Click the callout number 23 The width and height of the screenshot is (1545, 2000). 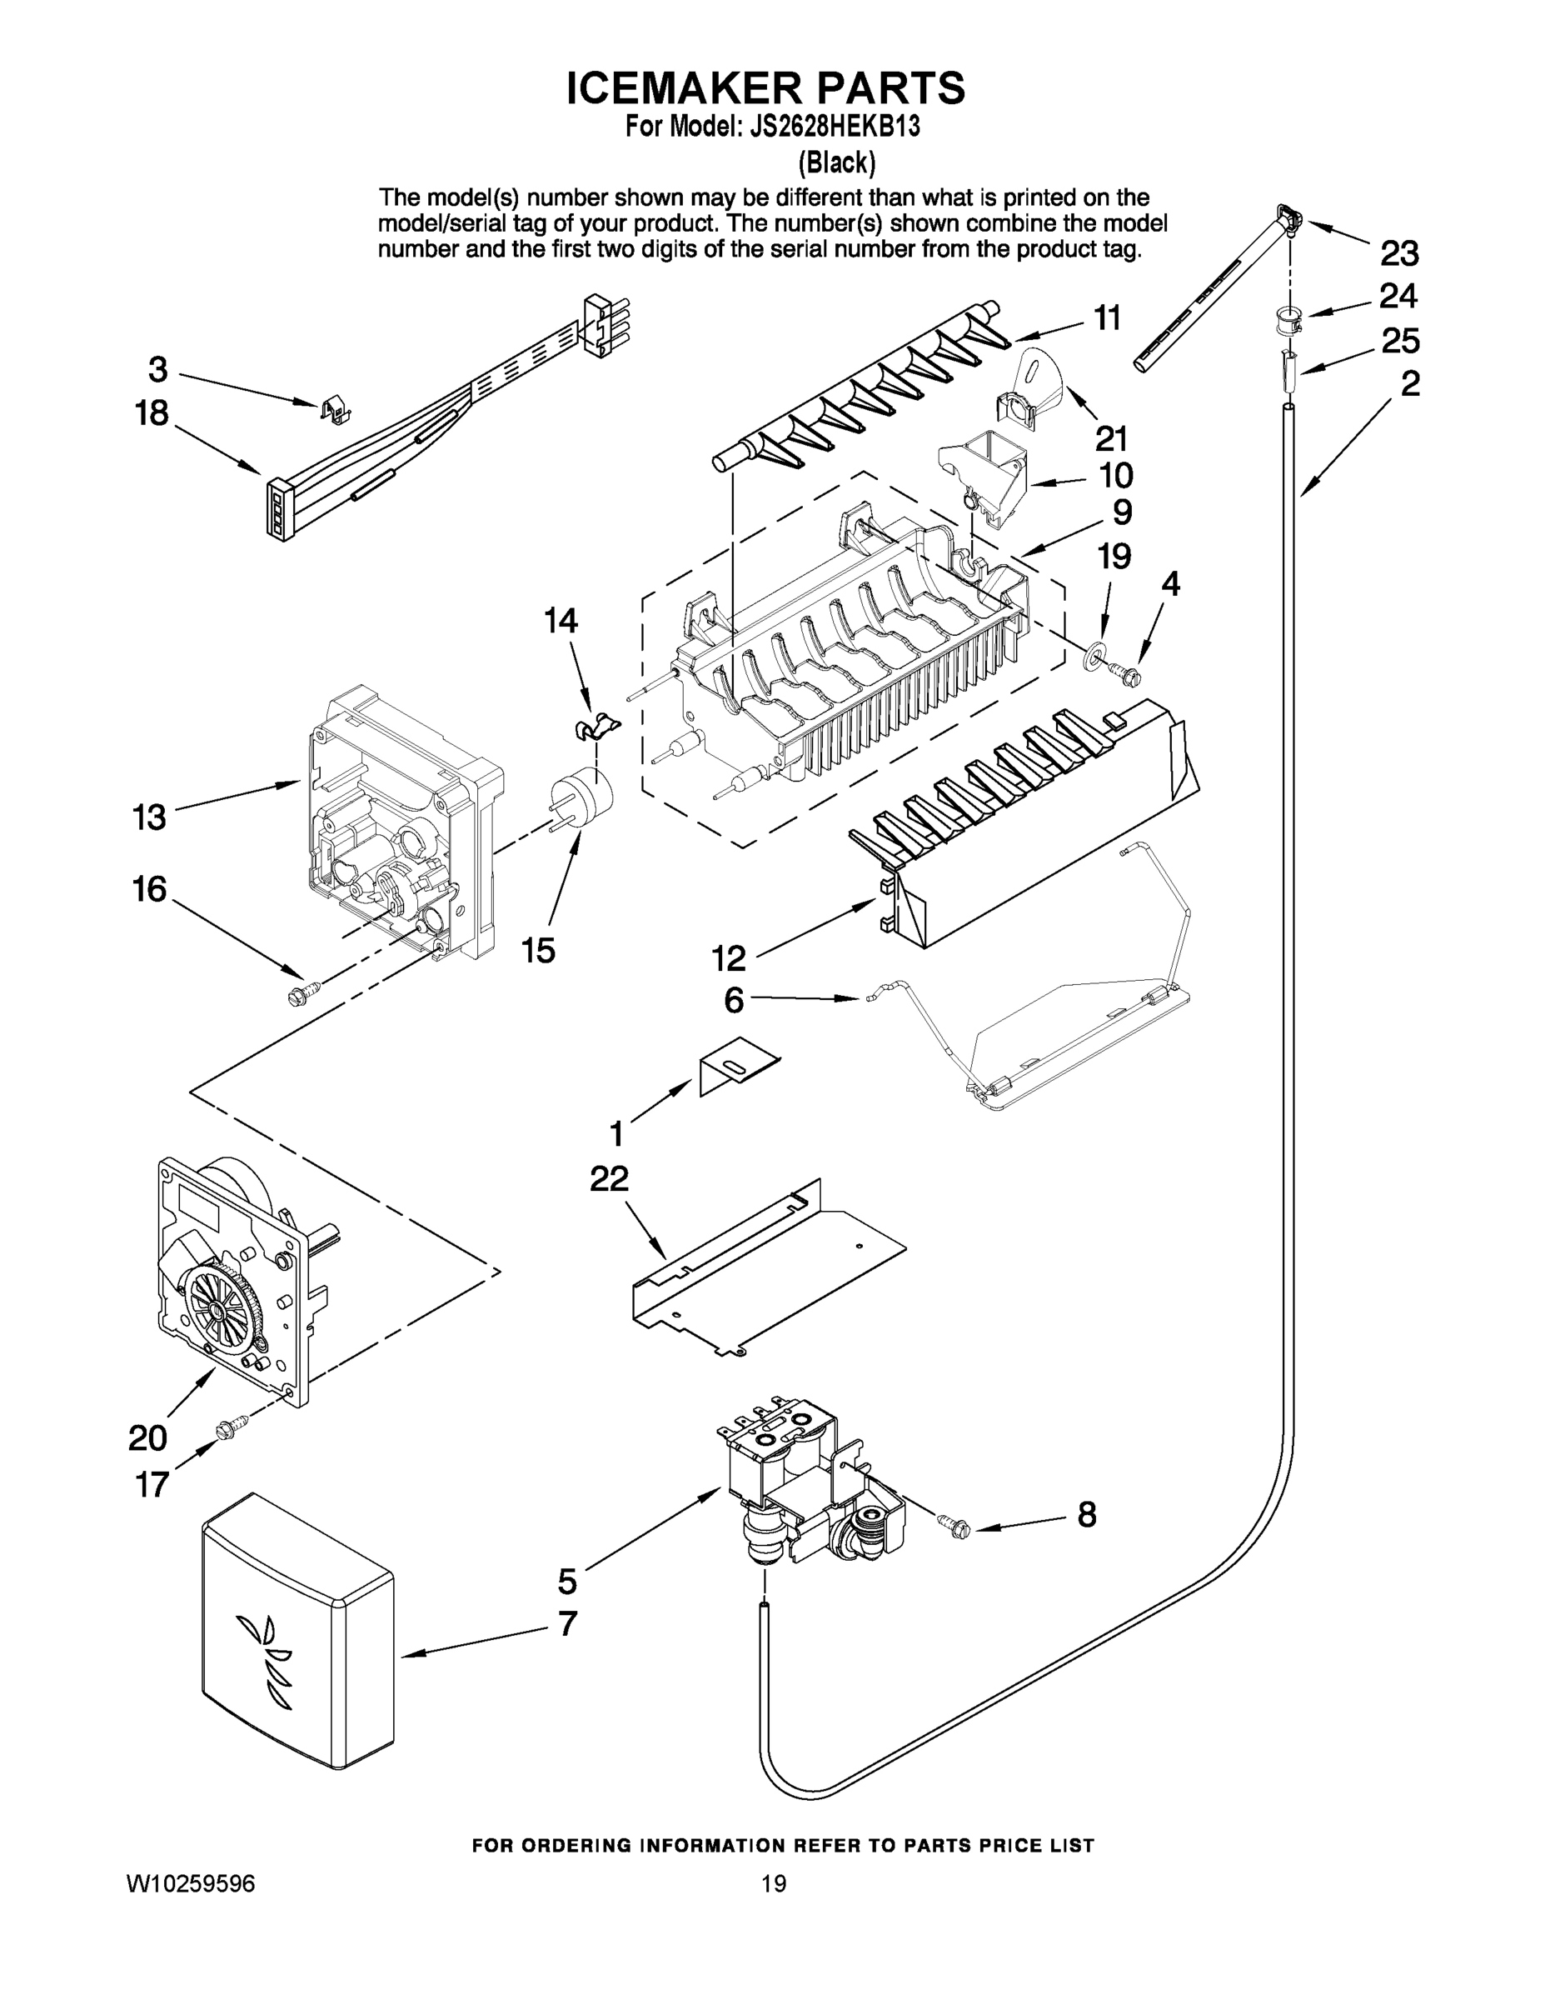tap(1398, 252)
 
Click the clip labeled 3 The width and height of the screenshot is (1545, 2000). tap(336, 407)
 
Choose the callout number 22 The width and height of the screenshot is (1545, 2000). tap(609, 1178)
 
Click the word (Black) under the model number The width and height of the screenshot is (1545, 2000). tap(836, 163)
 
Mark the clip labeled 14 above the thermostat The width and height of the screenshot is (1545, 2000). tap(594, 726)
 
